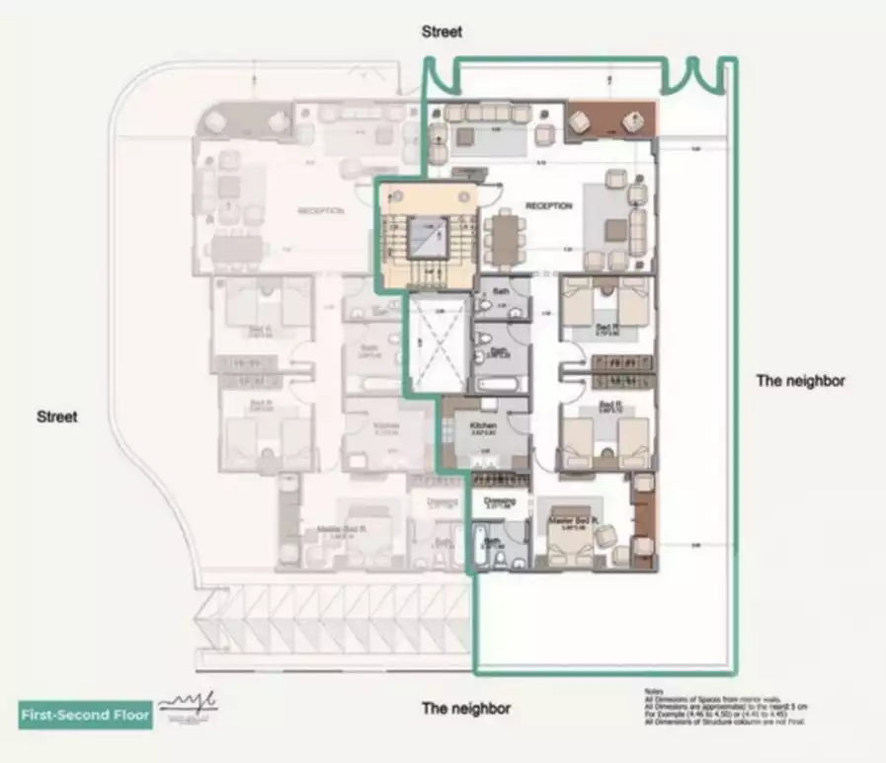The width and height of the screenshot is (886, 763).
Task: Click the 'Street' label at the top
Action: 442,32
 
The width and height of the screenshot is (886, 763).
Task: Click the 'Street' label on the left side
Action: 56,417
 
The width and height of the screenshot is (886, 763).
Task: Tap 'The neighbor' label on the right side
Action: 800,380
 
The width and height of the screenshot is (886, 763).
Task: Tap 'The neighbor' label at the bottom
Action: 465,708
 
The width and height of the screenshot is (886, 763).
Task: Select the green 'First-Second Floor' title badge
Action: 86,714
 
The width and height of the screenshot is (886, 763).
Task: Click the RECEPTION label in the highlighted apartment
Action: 548,205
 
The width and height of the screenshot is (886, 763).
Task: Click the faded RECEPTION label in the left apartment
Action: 320,210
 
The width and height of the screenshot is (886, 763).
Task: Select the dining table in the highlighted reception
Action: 505,238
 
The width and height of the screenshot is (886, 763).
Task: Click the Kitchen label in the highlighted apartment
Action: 484,425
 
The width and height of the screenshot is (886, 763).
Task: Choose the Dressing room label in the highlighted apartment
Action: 500,501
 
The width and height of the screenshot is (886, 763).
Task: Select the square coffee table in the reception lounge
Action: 616,229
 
